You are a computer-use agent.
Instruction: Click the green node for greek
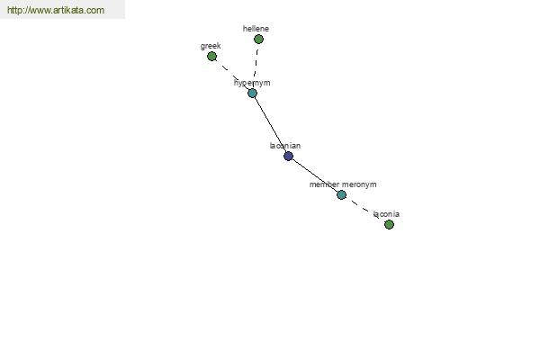pyautogui.click(x=211, y=56)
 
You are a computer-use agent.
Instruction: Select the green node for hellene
pyautogui.click(x=258, y=40)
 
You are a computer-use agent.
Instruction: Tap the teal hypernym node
pyautogui.click(x=252, y=93)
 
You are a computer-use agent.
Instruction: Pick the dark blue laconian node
pyautogui.click(x=288, y=156)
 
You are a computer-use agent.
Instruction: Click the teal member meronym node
pyautogui.click(x=341, y=194)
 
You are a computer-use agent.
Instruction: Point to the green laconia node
pyautogui.click(x=389, y=225)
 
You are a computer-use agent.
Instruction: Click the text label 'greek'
pyautogui.click(x=211, y=46)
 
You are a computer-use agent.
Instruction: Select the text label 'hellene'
pyautogui.click(x=256, y=29)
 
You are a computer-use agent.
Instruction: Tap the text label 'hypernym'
pyautogui.click(x=252, y=83)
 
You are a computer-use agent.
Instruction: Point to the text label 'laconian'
pyautogui.click(x=285, y=146)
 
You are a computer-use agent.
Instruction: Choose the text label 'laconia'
pyautogui.click(x=386, y=214)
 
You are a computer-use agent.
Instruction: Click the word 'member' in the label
pyautogui.click(x=324, y=184)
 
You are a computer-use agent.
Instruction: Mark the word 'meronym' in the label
pyautogui.click(x=359, y=184)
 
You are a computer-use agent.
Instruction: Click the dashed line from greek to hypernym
pyautogui.click(x=232, y=75)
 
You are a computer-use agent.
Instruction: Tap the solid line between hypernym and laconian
pyautogui.click(x=270, y=125)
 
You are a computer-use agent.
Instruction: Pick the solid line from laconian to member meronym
pyautogui.click(x=315, y=175)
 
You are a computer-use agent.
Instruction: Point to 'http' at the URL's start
pyautogui.click(x=13, y=10)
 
